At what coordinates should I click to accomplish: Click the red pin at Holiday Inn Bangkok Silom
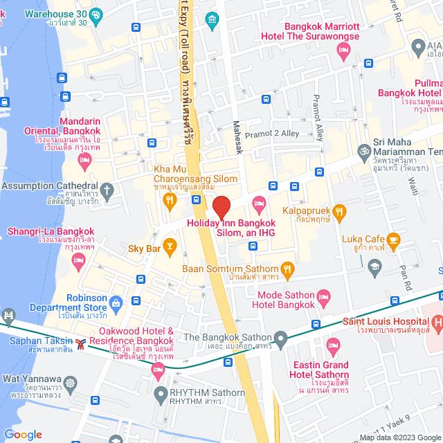(x=221, y=208)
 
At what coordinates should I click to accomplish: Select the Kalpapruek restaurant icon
(x=339, y=211)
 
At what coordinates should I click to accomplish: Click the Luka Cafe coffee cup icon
(x=393, y=241)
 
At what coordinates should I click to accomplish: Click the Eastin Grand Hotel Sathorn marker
(x=333, y=345)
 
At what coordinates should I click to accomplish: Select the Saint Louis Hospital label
(x=386, y=322)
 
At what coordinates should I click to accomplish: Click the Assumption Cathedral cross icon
(x=107, y=189)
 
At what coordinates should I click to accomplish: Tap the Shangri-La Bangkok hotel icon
(x=78, y=260)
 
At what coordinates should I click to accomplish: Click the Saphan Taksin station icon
(x=82, y=343)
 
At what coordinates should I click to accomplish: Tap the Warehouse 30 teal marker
(x=96, y=13)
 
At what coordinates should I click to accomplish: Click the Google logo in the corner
(x=24, y=434)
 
